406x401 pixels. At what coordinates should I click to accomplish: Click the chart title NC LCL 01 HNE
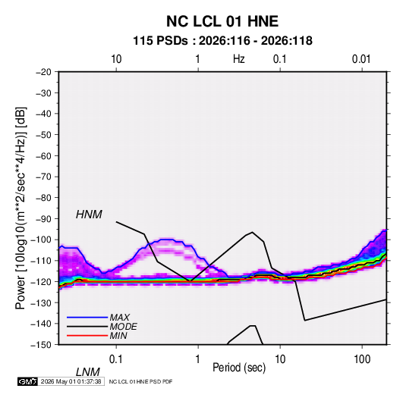pos(222,21)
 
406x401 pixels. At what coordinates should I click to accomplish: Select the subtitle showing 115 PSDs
pos(222,41)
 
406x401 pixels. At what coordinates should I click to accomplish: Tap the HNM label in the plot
pos(89,215)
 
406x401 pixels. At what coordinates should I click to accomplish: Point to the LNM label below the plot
pos(88,372)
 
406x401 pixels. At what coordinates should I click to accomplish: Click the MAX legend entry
pos(119,317)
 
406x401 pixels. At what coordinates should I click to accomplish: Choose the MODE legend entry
pos(123,327)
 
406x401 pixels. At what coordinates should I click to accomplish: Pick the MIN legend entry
pos(118,336)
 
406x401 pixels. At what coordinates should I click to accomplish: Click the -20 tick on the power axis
pos(43,72)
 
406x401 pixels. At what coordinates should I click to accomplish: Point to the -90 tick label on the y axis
pos(43,218)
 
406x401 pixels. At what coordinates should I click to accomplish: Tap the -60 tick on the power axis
pos(43,155)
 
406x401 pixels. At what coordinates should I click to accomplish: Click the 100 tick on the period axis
pos(362,359)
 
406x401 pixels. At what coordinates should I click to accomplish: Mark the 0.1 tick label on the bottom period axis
pos(116,359)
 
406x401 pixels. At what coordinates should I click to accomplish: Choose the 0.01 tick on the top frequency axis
pos(361,59)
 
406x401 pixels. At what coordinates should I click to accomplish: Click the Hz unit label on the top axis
pos(239,59)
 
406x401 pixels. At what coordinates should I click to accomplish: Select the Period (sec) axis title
pos(239,368)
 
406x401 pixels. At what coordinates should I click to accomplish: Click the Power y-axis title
pos(20,208)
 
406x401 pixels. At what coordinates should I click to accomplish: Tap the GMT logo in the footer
pos(27,381)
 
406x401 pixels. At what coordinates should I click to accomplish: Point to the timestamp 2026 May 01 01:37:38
pos(71,381)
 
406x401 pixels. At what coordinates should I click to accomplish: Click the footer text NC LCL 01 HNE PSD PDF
pos(140,382)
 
